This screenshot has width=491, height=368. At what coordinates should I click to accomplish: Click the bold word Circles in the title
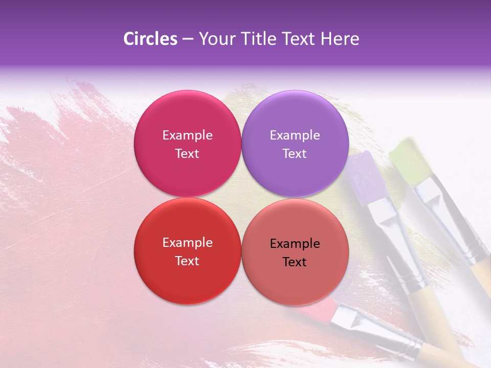pos(150,39)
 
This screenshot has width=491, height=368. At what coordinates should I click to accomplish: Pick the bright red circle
pos(187,276)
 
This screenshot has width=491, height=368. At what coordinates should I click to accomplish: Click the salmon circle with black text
pos(295,279)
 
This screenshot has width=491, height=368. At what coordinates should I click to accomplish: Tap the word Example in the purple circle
pos(295,135)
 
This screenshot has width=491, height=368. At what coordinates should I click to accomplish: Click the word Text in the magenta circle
pos(187,154)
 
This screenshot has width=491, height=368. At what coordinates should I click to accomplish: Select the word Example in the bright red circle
pos(187,243)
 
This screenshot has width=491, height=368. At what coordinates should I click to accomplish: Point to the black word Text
pos(295,262)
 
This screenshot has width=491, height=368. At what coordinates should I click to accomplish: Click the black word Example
pos(295,244)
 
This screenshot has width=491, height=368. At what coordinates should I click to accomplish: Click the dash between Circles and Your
pos(188,39)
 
